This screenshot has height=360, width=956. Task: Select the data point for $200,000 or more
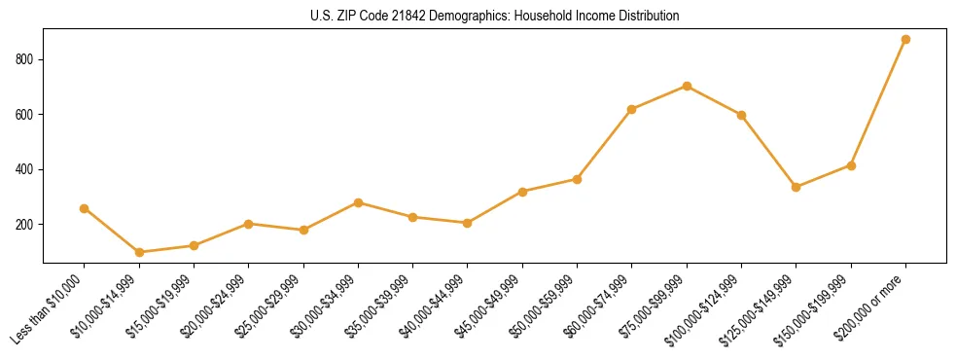coord(905,39)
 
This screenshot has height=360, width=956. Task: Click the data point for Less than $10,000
coord(85,208)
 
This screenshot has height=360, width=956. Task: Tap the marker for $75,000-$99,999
coord(687,86)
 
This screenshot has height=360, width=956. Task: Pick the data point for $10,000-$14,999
coord(139,252)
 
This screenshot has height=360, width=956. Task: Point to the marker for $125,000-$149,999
coord(797,187)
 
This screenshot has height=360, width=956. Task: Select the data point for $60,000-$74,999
coord(632,109)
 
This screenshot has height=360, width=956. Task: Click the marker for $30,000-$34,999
coord(358,202)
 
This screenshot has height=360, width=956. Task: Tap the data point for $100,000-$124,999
coord(741,115)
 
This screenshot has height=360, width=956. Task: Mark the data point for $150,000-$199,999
coord(851,165)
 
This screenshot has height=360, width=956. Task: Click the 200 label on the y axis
coord(25,224)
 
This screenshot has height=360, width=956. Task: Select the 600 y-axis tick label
coord(25,114)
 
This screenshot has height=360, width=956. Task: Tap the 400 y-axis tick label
coord(25,169)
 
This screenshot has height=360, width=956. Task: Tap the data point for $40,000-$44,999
coord(468,223)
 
